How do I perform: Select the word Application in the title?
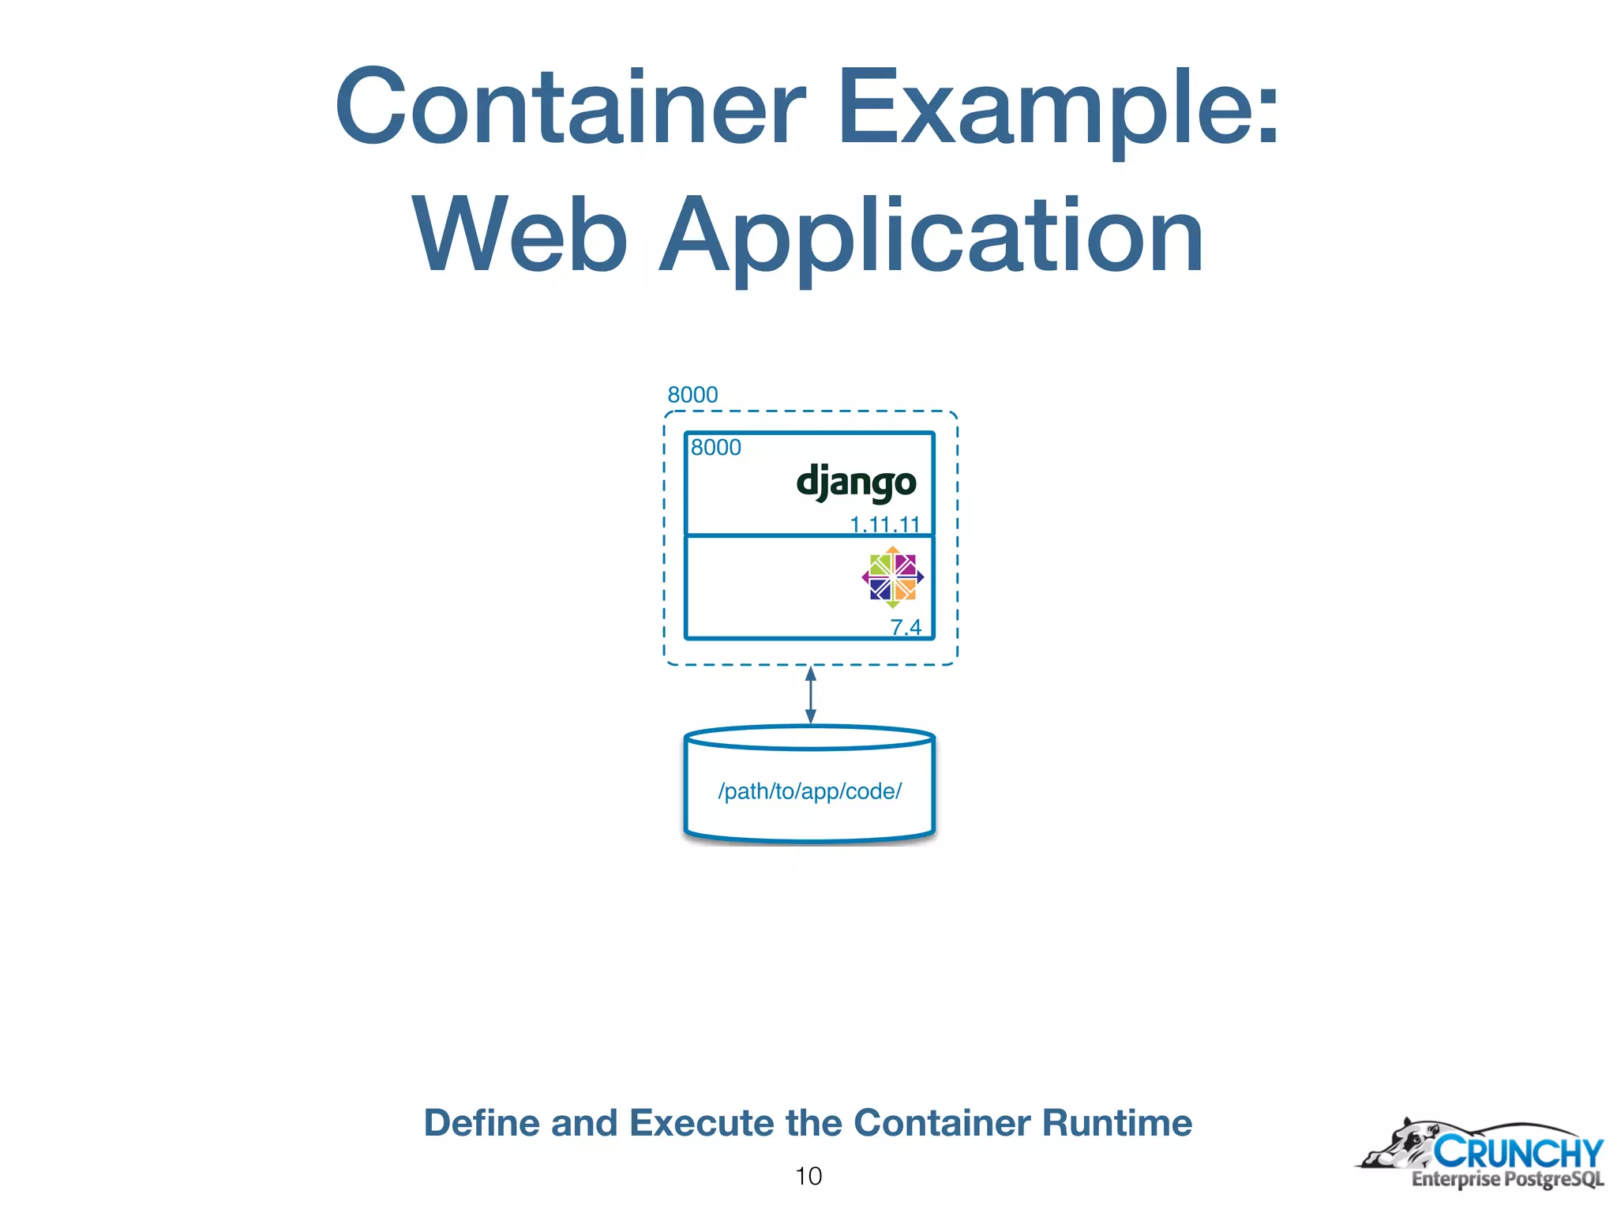click(x=932, y=235)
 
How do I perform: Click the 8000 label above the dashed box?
click(x=692, y=395)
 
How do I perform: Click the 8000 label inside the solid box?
click(x=715, y=448)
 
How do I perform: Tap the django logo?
click(x=856, y=483)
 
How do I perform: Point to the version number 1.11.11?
click(x=884, y=524)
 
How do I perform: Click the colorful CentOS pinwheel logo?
click(x=892, y=577)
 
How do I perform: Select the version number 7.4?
click(x=906, y=627)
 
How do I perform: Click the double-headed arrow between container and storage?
click(x=810, y=695)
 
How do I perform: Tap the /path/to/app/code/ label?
click(x=809, y=791)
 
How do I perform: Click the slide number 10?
click(x=808, y=1176)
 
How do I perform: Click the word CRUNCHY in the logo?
click(x=1518, y=1152)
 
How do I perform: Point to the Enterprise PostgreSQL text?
click(x=1507, y=1179)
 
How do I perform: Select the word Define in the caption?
click(x=481, y=1123)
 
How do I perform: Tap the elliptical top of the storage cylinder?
click(x=809, y=738)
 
